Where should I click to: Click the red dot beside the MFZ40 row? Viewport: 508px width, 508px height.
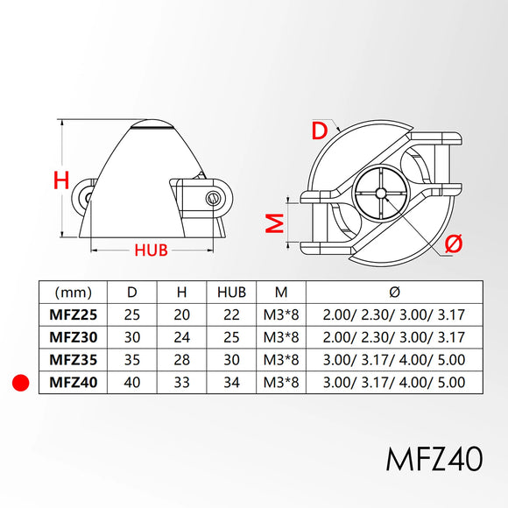pos(20,383)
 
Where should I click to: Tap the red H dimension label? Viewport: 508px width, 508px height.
pos(61,180)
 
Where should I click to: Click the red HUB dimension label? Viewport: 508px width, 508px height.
pos(151,250)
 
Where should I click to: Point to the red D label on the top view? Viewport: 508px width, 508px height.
pos(320,131)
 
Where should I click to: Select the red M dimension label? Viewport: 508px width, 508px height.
pos(275,223)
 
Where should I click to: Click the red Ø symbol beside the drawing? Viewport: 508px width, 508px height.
pos(454,243)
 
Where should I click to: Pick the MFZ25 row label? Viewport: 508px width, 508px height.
pos(74,314)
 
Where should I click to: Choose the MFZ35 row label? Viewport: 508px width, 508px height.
pos(74,360)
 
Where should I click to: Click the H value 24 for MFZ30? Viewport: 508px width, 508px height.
pos(181,337)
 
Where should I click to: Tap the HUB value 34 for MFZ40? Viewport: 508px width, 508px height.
pos(231,382)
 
